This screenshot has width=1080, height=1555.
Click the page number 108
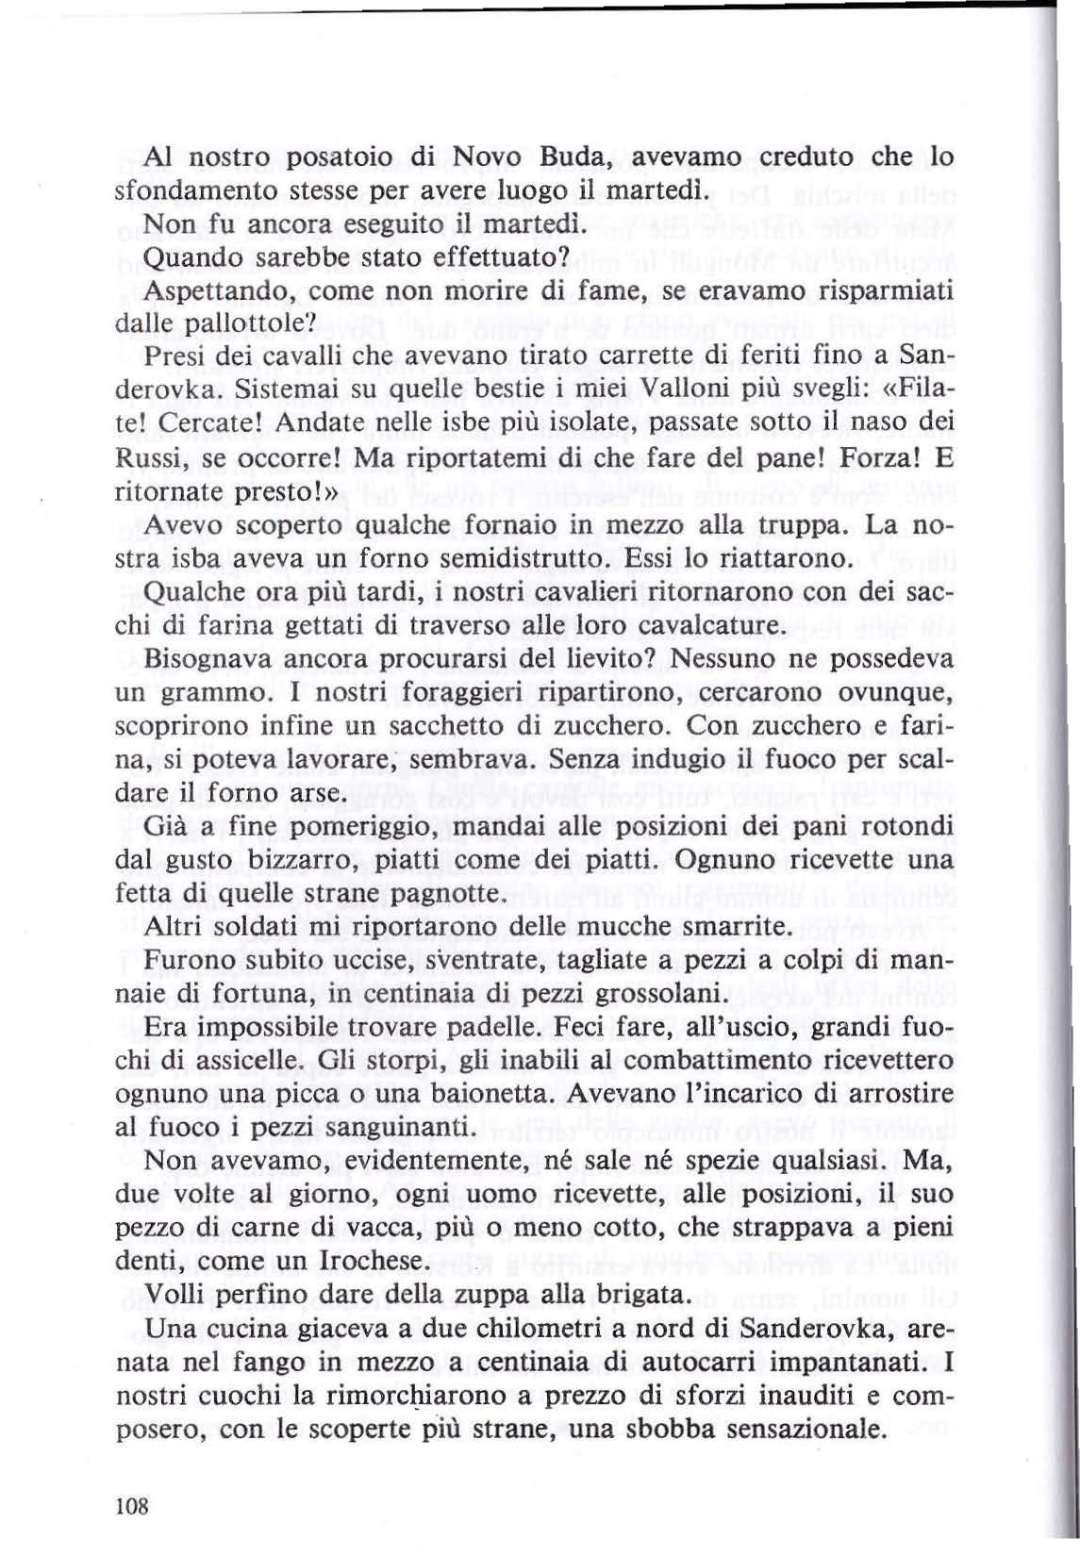click(x=132, y=1506)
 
